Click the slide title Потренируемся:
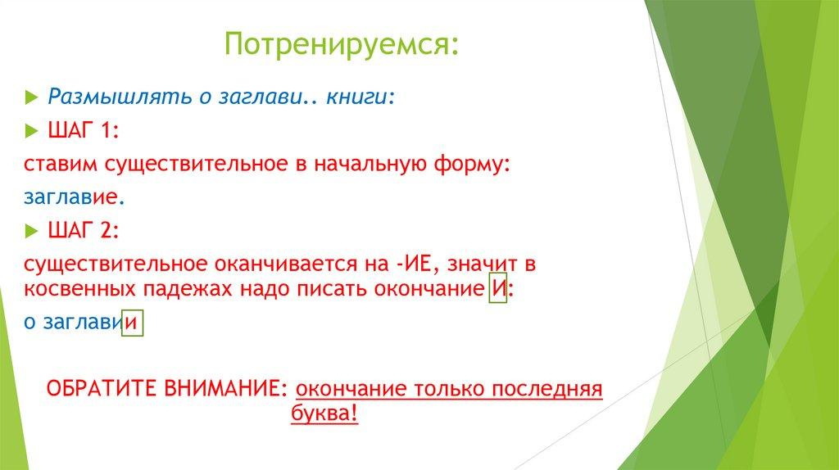pos(342,45)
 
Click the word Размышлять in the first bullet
pos(120,97)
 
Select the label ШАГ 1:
pos(84,130)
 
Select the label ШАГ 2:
pos(84,230)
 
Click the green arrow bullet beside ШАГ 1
pos(32,131)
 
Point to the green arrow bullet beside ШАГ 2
pos(32,232)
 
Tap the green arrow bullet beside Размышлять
pos(32,97)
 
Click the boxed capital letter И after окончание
pos(498,289)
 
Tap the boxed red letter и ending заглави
pos(132,323)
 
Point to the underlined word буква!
pos(324,414)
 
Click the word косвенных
pos(80,290)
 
